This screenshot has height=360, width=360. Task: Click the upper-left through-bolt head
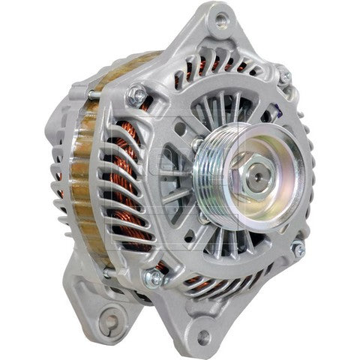[137, 94]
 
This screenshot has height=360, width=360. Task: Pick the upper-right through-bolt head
[284, 75]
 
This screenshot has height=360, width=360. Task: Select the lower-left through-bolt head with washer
[155, 278]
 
